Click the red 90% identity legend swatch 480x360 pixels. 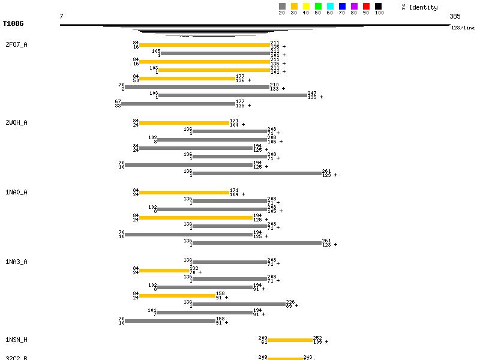366,7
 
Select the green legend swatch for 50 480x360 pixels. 318,7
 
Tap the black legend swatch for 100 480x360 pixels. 378,7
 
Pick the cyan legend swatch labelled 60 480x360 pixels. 330,7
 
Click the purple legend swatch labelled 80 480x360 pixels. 354,7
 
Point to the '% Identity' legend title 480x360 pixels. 419,7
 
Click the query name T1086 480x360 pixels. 13,23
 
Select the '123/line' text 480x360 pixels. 463,28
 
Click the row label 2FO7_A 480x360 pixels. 16,45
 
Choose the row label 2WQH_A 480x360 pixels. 16,123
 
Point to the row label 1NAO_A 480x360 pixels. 16,193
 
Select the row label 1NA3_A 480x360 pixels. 16,262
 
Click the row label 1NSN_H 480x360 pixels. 16,340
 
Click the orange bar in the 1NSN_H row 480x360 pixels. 290,340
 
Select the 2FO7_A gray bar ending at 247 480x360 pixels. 232,95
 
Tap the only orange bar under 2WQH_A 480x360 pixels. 184,123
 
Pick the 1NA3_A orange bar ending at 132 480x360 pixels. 164,271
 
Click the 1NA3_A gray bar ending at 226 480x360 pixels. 238,304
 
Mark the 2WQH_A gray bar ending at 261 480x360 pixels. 257,173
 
